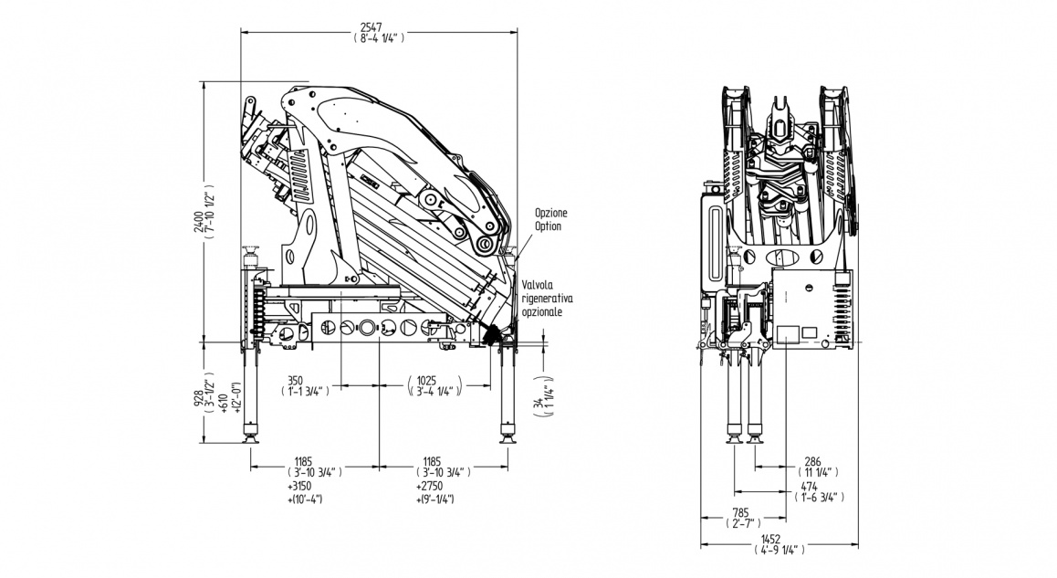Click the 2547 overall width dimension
[378, 27]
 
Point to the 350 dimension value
[296, 379]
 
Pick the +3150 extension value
[299, 486]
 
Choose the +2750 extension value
[430, 486]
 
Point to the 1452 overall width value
[778, 539]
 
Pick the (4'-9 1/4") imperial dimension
[778, 550]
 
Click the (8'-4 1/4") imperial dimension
[378, 38]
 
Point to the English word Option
[549, 226]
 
